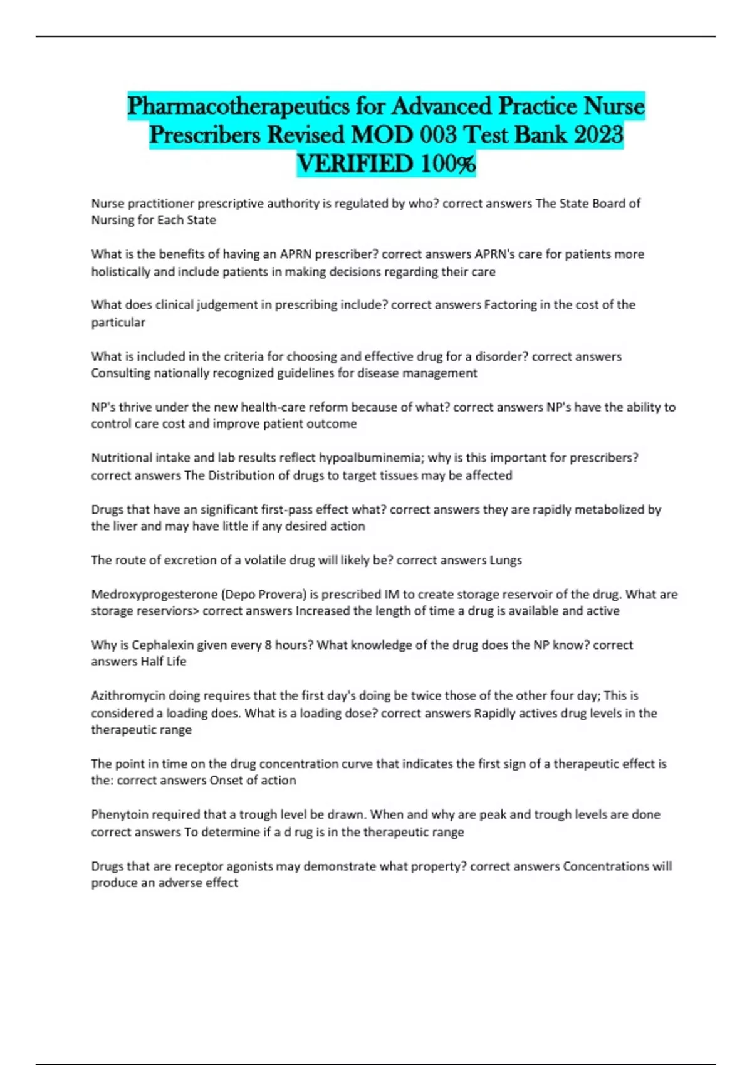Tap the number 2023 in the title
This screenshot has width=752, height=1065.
pos(598,135)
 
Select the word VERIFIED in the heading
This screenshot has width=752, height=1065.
pos(355,164)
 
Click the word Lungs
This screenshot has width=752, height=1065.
pos(505,560)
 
